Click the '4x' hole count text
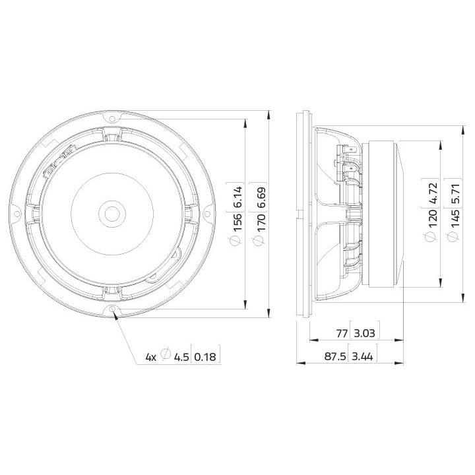151,357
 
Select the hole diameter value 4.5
181,357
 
